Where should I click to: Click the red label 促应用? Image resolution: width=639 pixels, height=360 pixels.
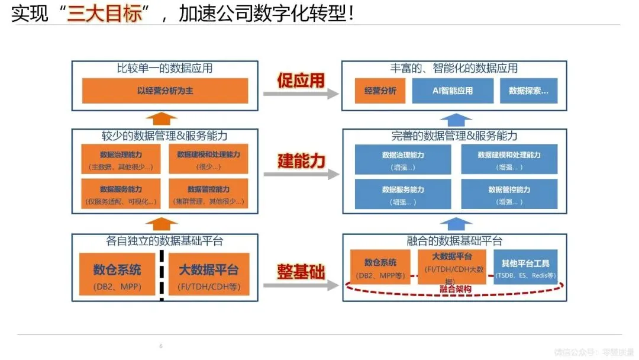pyautogui.click(x=301, y=80)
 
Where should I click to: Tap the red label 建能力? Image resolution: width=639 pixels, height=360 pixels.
pyautogui.click(x=301, y=160)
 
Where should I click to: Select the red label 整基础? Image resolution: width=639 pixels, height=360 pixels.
pyautogui.click(x=301, y=272)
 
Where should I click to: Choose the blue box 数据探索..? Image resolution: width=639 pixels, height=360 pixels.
pyautogui.click(x=528, y=91)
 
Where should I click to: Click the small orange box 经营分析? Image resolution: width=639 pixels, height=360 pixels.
pyautogui.click(x=380, y=91)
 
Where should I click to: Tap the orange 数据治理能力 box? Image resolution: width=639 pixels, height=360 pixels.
pyautogui.click(x=121, y=160)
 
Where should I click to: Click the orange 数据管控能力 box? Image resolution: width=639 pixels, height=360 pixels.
pyautogui.click(x=208, y=194)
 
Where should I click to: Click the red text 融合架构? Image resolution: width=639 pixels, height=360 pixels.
pyautogui.click(x=456, y=290)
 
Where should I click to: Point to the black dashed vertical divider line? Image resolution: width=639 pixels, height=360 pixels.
pyautogui.click(x=161, y=276)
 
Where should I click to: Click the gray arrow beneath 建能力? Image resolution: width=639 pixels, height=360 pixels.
pyautogui.click(x=301, y=174)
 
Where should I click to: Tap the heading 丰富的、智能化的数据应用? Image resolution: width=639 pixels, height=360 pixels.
pyautogui.click(x=454, y=68)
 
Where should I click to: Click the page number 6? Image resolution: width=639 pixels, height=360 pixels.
pyautogui.click(x=160, y=346)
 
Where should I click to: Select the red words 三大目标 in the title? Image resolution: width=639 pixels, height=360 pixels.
pyautogui.click(x=105, y=13)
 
